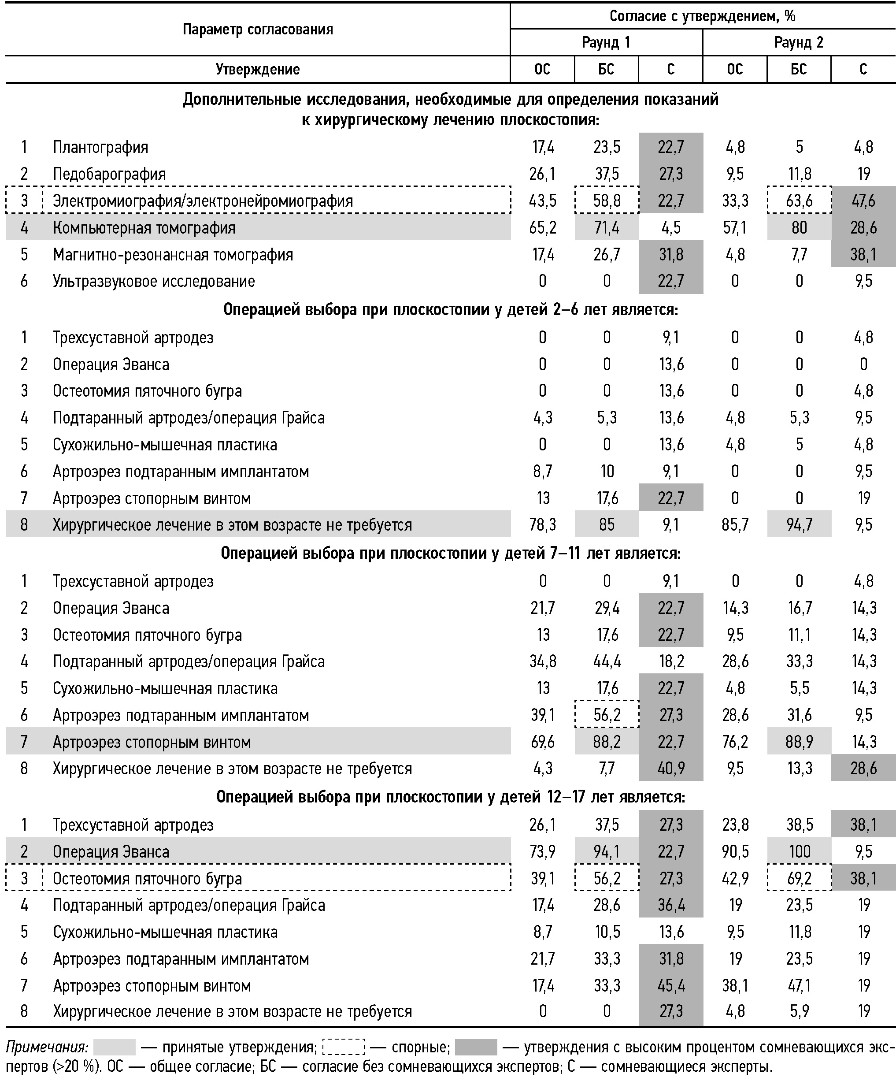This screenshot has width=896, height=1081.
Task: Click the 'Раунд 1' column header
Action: (606, 42)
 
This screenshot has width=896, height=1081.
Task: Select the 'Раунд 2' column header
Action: (798, 42)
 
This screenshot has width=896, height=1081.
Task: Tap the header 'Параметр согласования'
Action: (257, 30)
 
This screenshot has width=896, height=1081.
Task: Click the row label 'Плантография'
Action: (100, 147)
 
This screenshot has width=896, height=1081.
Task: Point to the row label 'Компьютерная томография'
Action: (144, 227)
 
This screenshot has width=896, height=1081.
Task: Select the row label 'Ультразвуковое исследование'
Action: (154, 281)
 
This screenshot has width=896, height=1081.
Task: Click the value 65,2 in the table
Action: (542, 227)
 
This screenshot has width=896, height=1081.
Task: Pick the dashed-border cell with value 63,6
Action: (799, 200)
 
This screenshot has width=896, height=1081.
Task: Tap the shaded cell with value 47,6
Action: (863, 200)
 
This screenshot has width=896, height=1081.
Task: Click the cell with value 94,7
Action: (799, 524)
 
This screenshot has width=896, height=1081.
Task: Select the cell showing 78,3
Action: (542, 524)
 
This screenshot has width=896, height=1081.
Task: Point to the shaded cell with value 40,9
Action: (670, 769)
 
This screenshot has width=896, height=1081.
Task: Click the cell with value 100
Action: (799, 851)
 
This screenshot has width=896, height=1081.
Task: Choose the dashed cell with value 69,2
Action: (799, 878)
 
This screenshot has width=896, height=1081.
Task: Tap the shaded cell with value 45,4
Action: (670, 985)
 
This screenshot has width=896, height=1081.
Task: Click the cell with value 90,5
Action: (735, 851)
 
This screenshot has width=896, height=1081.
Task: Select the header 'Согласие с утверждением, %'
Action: (702, 16)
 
